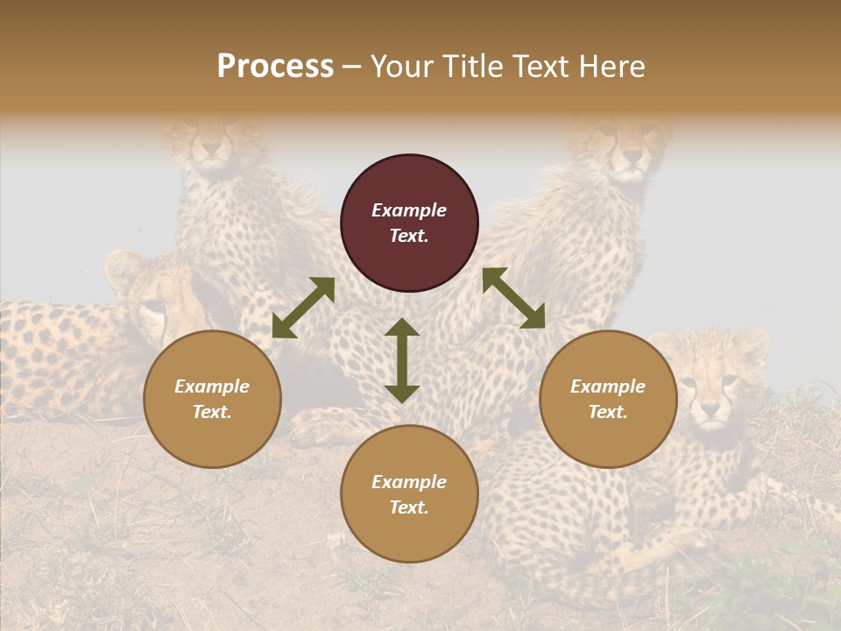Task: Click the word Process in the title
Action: (275, 67)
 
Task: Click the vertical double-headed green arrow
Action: (402, 360)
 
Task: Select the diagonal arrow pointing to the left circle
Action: (303, 308)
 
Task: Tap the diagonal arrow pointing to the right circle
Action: (513, 298)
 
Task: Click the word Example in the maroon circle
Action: (409, 210)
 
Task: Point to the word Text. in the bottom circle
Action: (409, 507)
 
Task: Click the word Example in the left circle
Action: (212, 386)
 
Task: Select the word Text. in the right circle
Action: (608, 412)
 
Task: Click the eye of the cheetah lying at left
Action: (153, 307)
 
